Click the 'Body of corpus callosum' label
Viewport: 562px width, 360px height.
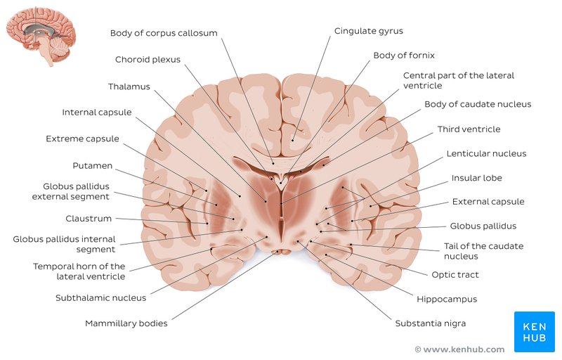pos(164,33)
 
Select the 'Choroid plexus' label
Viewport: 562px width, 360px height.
pos(148,60)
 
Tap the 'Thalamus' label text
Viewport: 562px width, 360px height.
pos(129,86)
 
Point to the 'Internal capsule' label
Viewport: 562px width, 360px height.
pos(96,112)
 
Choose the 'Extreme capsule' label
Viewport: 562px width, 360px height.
pos(82,139)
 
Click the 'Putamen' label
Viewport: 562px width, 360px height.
pos(92,166)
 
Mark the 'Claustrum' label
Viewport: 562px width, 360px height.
pos(89,219)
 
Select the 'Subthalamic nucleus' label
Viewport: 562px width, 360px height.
pos(100,297)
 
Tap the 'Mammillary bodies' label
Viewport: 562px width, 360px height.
pos(126,324)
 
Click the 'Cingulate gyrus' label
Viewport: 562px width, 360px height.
pos(368,31)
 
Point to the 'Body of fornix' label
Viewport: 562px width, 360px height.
pos(404,56)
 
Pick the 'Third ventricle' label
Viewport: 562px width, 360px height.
pos(469,129)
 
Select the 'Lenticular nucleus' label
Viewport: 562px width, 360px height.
pos(486,154)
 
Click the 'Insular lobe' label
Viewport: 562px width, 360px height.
pos(476,178)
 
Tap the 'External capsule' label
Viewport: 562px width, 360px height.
pos(488,202)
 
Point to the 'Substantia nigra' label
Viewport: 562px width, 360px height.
pos(430,323)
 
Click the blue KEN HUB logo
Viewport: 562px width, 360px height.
pos(534,331)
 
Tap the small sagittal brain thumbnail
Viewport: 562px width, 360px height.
pos(41,35)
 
